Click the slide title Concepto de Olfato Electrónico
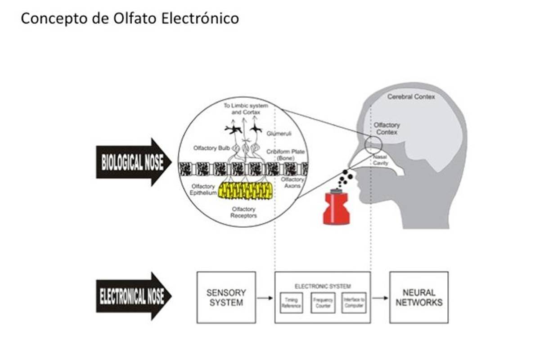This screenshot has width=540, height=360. [130, 18]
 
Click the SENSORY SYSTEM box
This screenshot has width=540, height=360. [226, 297]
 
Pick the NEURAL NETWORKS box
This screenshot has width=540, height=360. [418, 297]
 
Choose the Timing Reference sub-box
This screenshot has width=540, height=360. [292, 303]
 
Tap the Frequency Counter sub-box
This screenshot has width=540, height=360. [323, 303]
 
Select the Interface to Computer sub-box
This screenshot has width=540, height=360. [354, 303]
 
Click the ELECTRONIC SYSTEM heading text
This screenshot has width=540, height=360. [323, 286]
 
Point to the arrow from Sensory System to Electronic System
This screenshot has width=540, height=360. [265, 298]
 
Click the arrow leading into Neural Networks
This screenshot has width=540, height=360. [380, 298]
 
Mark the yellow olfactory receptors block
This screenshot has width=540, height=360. [245, 191]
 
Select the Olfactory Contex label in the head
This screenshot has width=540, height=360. [387, 129]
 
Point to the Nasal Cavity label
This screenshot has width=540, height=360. [380, 160]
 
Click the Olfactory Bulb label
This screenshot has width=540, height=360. [211, 148]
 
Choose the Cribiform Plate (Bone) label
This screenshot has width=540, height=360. [285, 155]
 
